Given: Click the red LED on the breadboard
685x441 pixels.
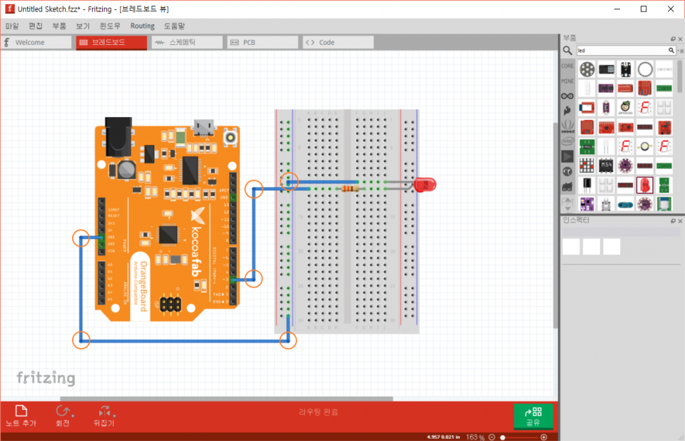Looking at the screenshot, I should click(426, 185).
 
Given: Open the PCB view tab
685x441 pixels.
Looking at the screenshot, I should click(263, 43).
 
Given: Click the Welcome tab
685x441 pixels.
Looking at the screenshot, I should click(35, 43).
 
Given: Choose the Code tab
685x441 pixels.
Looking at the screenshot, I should click(338, 43).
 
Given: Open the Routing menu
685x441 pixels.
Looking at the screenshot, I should click(142, 26).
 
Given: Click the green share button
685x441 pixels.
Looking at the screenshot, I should click(533, 416).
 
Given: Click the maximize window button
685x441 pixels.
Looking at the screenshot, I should click(644, 9).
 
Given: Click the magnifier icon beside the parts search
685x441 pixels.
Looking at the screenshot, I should click(567, 51).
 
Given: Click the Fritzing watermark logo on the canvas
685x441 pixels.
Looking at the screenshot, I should click(46, 377).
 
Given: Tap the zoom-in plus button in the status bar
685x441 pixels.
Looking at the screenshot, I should click(544, 437).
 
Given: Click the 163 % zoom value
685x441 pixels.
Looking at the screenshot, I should click(475, 437).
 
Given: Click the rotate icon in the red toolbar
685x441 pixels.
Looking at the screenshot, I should click(63, 411).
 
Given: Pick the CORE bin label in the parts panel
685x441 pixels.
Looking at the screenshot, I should click(567, 66).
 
